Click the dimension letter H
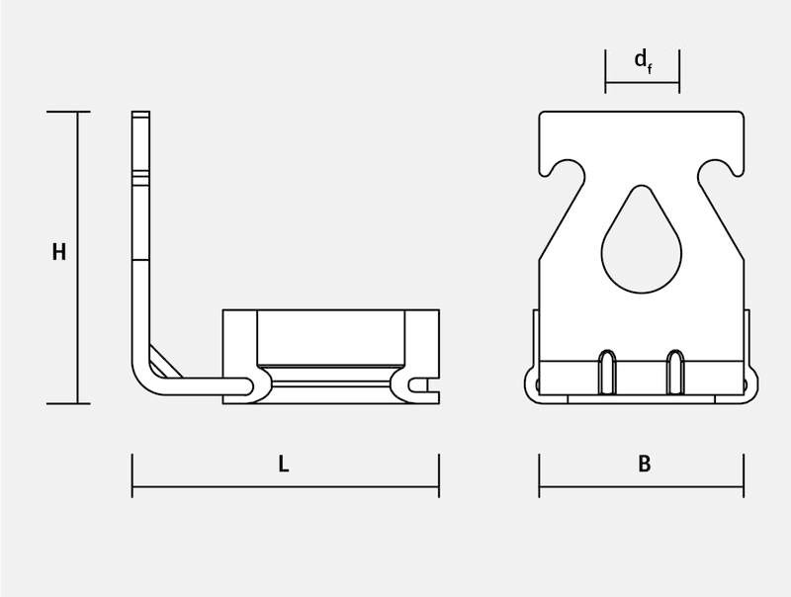pos(59,252)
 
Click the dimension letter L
pos(284,464)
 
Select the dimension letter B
pos(645,464)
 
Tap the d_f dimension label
pos(643,61)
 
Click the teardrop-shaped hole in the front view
pos(641,239)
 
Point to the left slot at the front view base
pos(607,371)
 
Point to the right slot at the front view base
pos(675,371)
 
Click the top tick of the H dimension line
pos(68,112)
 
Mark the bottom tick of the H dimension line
pos(68,403)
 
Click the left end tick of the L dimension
pos(132,475)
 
